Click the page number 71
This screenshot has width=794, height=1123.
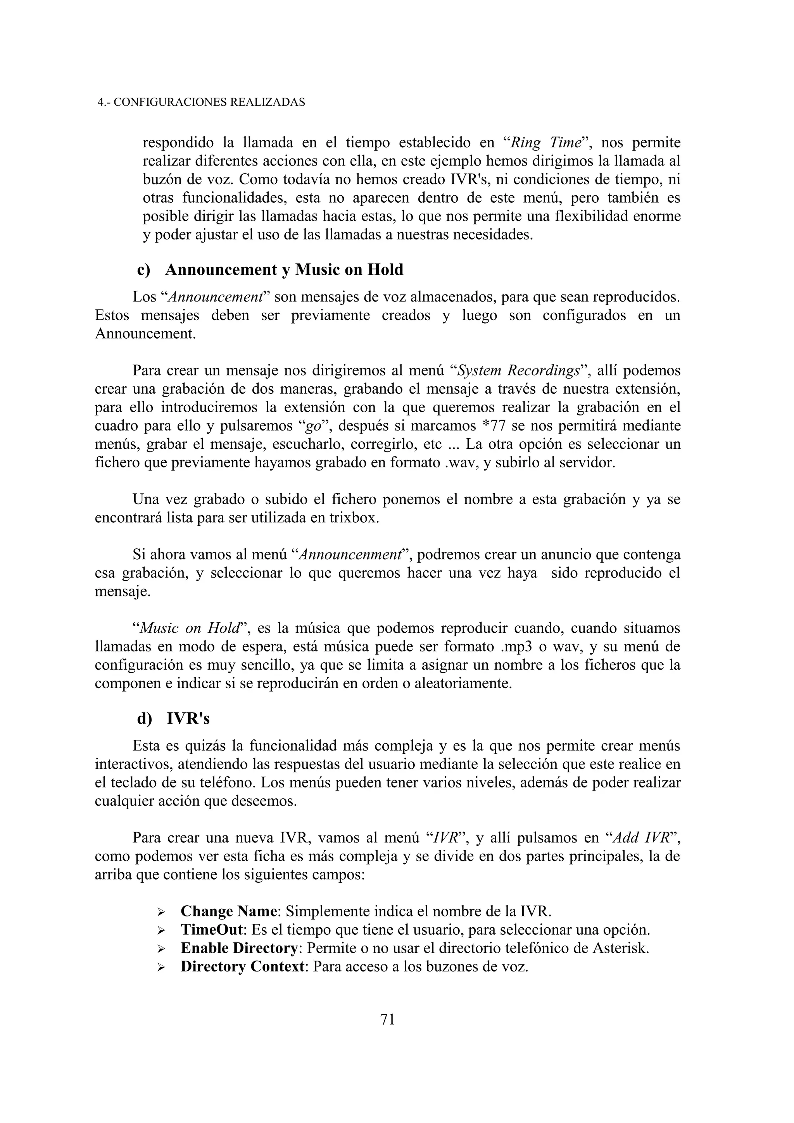pos(387,1019)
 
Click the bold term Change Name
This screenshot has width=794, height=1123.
pos(228,911)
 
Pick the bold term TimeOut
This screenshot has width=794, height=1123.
pos(211,929)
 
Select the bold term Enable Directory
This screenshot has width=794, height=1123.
pos(239,948)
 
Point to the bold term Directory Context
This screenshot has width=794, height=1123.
pos(243,966)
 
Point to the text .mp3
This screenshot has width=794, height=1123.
pos(516,647)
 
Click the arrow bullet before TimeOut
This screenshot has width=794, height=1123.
pos(161,930)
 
